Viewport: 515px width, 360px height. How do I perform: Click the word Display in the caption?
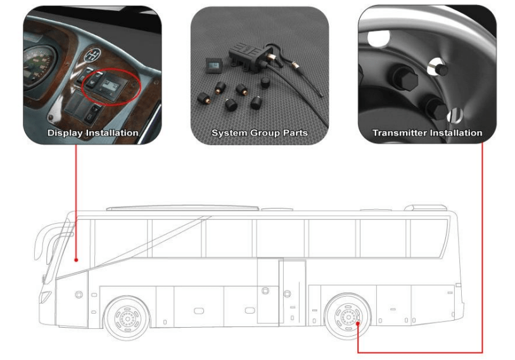coord(65,133)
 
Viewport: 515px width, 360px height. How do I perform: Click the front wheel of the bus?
coord(127,318)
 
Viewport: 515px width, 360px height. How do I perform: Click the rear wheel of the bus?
coord(347,316)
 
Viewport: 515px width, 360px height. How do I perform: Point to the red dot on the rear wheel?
coord(358,323)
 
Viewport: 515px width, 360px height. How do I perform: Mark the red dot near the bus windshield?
coord(76,260)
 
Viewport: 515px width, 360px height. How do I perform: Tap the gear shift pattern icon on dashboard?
coord(92,55)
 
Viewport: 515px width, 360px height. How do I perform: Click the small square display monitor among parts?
coord(213,66)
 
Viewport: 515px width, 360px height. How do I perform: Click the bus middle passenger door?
coord(292,292)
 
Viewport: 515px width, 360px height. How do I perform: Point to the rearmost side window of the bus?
coord(429,238)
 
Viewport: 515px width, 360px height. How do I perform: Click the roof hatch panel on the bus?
coord(182,209)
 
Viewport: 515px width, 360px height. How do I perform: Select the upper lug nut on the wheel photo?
coord(405,78)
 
